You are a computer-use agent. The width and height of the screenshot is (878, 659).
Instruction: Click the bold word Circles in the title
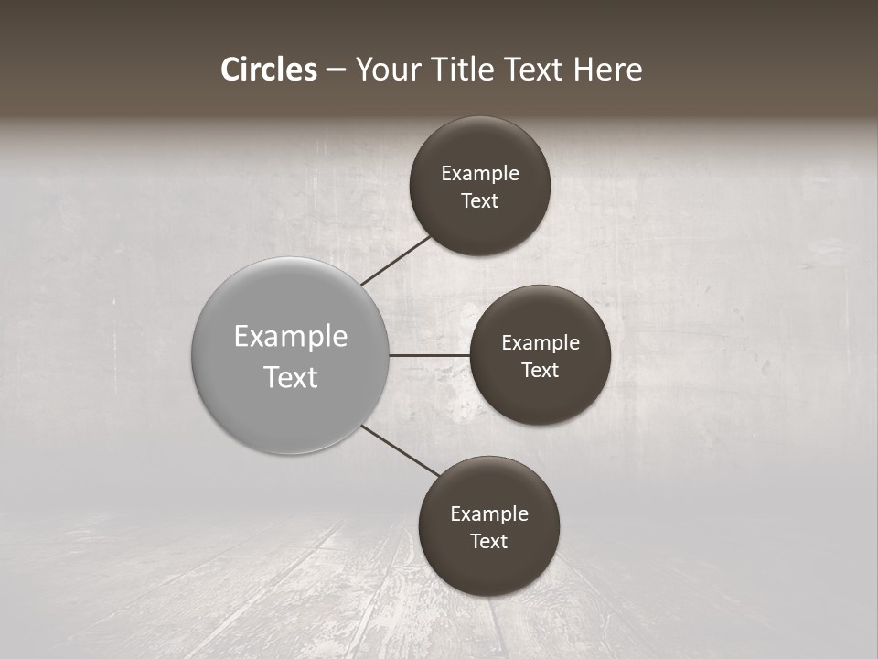(x=269, y=70)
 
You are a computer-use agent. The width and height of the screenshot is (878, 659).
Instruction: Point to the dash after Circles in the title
(x=336, y=70)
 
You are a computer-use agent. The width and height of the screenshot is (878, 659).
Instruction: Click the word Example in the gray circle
(x=291, y=337)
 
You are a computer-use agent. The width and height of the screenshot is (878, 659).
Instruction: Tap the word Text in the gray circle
(x=291, y=377)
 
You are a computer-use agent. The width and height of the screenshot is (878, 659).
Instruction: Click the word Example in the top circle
(x=480, y=174)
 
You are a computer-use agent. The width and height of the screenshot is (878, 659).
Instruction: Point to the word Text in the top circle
(x=480, y=201)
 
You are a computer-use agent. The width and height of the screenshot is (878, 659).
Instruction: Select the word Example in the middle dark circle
(x=541, y=343)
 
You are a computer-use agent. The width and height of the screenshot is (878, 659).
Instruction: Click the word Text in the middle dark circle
(x=541, y=371)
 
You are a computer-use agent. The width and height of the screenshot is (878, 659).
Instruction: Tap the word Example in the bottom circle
(x=489, y=514)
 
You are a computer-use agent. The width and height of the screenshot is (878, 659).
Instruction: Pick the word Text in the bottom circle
(x=489, y=542)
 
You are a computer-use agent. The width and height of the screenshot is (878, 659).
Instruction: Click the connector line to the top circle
(x=397, y=260)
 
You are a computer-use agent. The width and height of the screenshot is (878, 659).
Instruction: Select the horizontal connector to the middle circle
(x=429, y=355)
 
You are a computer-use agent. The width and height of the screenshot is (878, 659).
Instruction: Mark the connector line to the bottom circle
(x=402, y=450)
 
